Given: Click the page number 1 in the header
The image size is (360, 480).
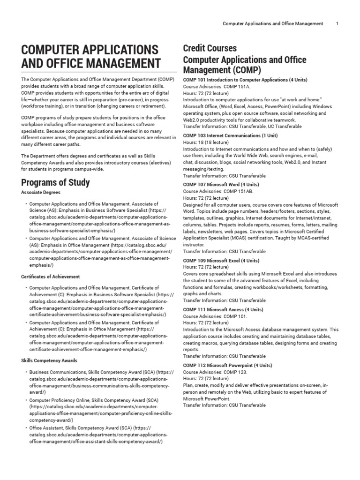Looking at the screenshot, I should pos(337,23).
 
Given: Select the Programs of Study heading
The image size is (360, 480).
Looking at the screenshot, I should pos(56,182).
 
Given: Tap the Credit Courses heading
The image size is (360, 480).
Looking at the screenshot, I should pos(210,48).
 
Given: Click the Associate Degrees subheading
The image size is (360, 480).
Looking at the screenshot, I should pos(41,192).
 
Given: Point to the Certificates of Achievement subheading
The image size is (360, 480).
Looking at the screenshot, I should pos(51,277).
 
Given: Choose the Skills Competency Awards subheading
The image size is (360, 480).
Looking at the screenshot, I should pos(49,360).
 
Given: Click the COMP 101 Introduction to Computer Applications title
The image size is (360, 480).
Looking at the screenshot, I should pos(245,80).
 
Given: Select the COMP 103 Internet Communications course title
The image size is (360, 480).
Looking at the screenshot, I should pos(230,135).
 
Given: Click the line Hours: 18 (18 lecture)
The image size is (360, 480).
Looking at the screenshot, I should pos(206,142).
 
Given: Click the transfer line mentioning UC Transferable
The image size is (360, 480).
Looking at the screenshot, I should pos(242,126).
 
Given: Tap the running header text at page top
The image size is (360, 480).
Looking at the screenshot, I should pos(273,23).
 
